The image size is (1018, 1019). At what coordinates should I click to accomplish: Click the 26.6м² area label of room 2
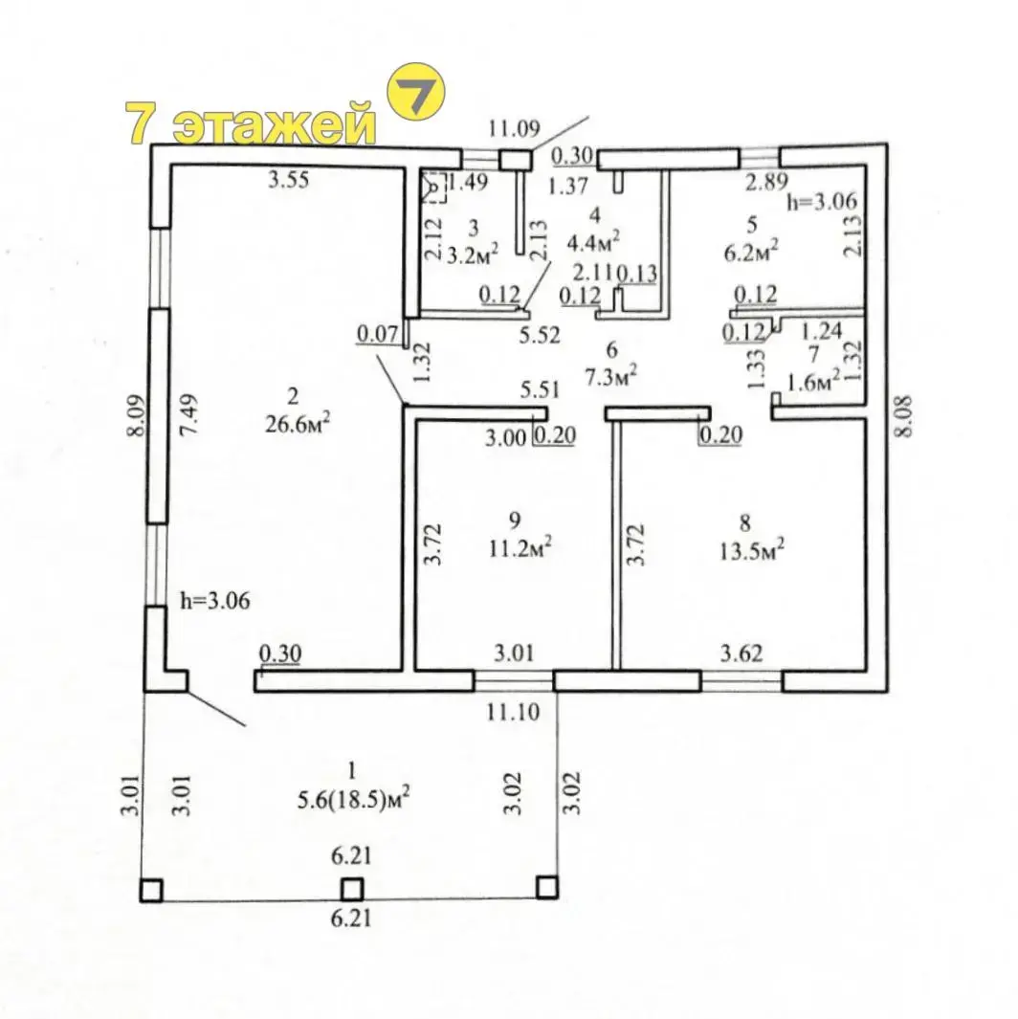[298, 423]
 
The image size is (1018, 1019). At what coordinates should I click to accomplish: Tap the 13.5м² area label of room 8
[752, 551]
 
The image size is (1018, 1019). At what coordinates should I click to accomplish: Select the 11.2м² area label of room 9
[520, 549]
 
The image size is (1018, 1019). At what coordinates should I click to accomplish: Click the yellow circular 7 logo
[416, 92]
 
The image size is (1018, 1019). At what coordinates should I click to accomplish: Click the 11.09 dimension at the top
[514, 128]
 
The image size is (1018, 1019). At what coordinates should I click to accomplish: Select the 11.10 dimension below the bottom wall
[513, 712]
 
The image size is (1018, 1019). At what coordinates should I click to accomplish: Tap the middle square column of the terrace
[351, 888]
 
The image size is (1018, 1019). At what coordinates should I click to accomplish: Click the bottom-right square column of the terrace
[546, 886]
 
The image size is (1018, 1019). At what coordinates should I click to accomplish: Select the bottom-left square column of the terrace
[151, 890]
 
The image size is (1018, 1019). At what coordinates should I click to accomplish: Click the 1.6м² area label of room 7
[813, 382]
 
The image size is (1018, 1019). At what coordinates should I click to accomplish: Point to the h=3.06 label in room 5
[821, 202]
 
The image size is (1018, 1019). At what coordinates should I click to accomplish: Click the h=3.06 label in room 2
[214, 601]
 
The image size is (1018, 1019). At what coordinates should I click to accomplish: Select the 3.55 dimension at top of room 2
[288, 180]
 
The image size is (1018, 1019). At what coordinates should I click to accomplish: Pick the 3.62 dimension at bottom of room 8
[741, 653]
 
